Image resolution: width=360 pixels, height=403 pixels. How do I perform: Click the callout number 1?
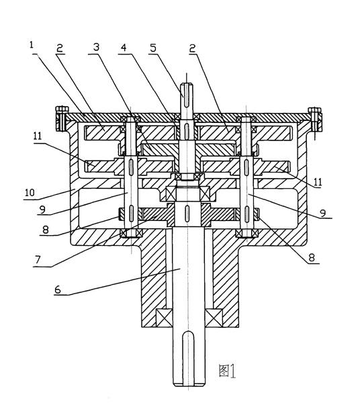32,45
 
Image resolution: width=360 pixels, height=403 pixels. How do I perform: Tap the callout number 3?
96,47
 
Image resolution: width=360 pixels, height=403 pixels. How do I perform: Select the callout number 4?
124,47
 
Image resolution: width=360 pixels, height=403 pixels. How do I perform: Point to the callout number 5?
153,48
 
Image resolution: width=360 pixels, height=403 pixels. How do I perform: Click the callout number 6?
58,289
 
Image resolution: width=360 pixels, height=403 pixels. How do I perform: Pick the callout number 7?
38,260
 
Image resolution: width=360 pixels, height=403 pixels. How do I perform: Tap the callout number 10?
30,193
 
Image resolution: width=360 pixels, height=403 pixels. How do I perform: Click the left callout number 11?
38,136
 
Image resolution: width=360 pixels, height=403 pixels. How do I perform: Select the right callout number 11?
318,182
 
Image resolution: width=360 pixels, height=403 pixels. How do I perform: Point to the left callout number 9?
43,210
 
